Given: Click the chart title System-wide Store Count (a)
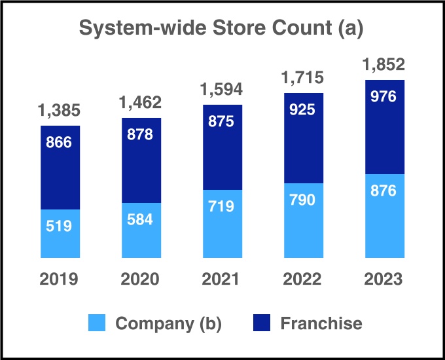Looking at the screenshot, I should click(221, 29).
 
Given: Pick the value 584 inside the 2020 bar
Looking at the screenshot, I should click(141, 219).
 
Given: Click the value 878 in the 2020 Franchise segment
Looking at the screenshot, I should click(141, 135).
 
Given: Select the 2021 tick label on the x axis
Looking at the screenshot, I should click(222, 279).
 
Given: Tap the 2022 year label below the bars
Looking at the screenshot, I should click(303, 279).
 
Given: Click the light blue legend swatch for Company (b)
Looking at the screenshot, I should click(97, 323).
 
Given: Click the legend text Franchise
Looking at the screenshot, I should click(321, 323).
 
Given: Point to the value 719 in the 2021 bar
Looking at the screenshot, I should click(222, 206).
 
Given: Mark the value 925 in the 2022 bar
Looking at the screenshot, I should click(303, 109).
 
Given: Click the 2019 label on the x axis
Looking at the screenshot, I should click(60, 279).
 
